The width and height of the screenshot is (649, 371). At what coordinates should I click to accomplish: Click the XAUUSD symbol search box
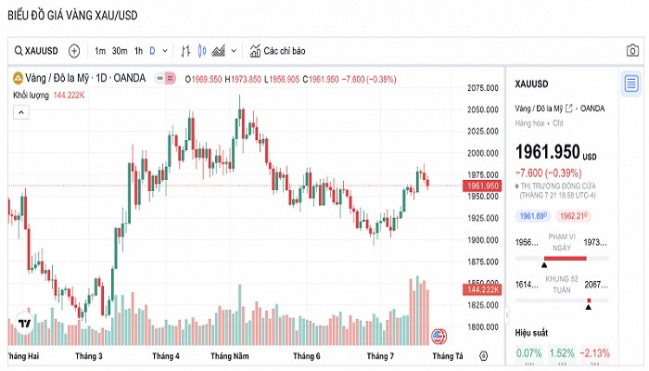(x=37, y=50)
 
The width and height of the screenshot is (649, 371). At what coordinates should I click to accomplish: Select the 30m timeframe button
(x=120, y=50)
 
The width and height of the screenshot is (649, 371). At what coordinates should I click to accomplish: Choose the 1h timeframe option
(x=138, y=50)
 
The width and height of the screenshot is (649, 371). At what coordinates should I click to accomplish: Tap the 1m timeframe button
(x=100, y=50)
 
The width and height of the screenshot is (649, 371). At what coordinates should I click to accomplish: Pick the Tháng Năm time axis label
(x=229, y=356)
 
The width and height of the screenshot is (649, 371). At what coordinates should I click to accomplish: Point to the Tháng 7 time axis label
(x=381, y=356)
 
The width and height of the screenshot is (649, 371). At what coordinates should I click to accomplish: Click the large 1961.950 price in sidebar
(x=546, y=151)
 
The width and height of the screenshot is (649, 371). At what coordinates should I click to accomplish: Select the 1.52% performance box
(x=561, y=352)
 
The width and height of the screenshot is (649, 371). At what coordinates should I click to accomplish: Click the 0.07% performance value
(x=529, y=352)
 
